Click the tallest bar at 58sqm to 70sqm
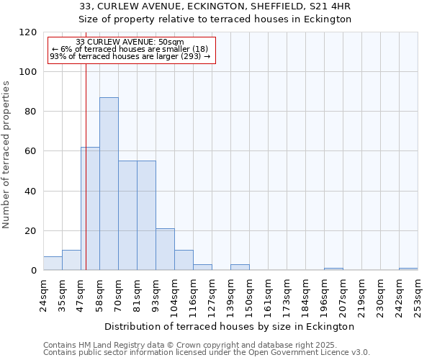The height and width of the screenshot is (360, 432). [109, 184]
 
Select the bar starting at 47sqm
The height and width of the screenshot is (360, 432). [90, 209]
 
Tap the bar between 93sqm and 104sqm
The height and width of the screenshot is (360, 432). [165, 249]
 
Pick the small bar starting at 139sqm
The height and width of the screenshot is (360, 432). [240, 267]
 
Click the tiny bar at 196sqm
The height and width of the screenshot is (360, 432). [333, 269]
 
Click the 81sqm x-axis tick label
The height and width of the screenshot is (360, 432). [137, 294]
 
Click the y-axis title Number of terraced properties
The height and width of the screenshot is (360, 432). [6, 154]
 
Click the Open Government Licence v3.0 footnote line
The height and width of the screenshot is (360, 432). [207, 353]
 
